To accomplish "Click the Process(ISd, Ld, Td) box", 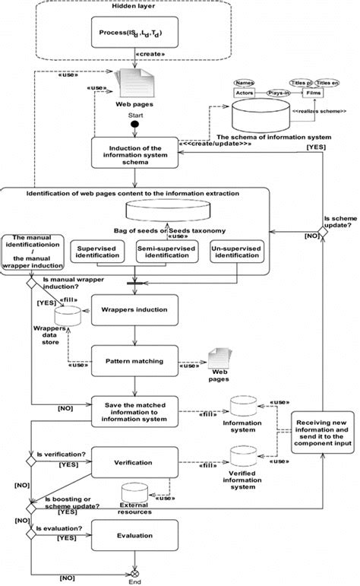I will point(134,33).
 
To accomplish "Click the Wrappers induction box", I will point(134,310).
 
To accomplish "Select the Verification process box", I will point(134,461).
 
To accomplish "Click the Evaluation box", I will point(134,535).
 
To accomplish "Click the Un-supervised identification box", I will point(239,252).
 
